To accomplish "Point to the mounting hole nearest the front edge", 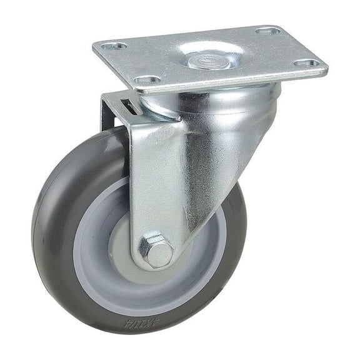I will [x=147, y=81].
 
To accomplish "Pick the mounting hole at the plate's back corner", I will [x=267, y=30].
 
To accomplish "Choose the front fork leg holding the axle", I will [x=162, y=181].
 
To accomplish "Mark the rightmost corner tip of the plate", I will [x=326, y=68].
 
